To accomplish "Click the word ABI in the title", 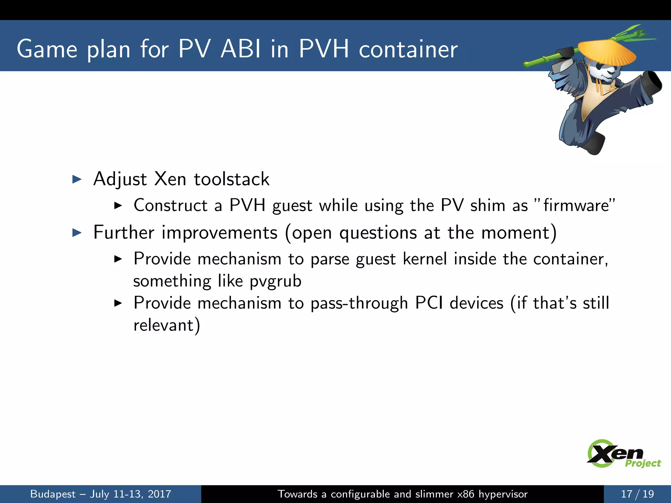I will pos(240,49).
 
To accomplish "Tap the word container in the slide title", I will pos(408,50).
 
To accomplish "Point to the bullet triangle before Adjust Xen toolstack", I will pos(77,179).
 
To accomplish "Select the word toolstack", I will pos(231,179).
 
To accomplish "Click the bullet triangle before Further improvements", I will pos(77,233).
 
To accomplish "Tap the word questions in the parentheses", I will pos(378,233).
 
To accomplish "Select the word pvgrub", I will pos(275,281).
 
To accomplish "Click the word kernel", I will pos(425,259).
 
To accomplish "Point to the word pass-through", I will pos(359,303).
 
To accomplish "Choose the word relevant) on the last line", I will pos(166,325).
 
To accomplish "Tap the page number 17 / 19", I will pos(637,494).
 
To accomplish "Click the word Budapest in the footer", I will pos(53,494).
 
